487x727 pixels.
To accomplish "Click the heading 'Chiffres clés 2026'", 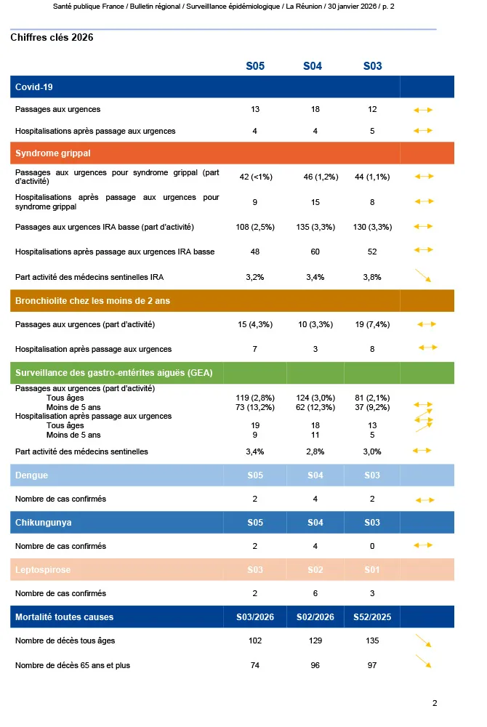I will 52,38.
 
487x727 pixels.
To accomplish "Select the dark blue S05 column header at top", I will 255,66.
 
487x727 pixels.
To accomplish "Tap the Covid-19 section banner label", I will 33,87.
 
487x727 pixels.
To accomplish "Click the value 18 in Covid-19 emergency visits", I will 315,109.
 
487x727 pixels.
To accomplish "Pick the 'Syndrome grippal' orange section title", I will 52,153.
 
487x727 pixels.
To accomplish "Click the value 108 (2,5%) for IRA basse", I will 254,227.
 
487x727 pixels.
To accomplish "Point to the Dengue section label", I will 31,475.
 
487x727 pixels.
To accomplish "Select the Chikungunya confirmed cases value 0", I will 373,546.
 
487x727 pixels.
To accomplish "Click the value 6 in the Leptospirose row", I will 315,593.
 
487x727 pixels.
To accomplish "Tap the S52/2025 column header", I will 372,617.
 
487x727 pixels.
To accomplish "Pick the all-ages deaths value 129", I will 315,641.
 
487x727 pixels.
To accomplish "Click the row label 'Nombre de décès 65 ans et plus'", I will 73,665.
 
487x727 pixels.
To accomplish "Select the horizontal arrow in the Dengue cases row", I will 424,500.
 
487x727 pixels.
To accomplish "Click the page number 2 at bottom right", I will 435,703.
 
